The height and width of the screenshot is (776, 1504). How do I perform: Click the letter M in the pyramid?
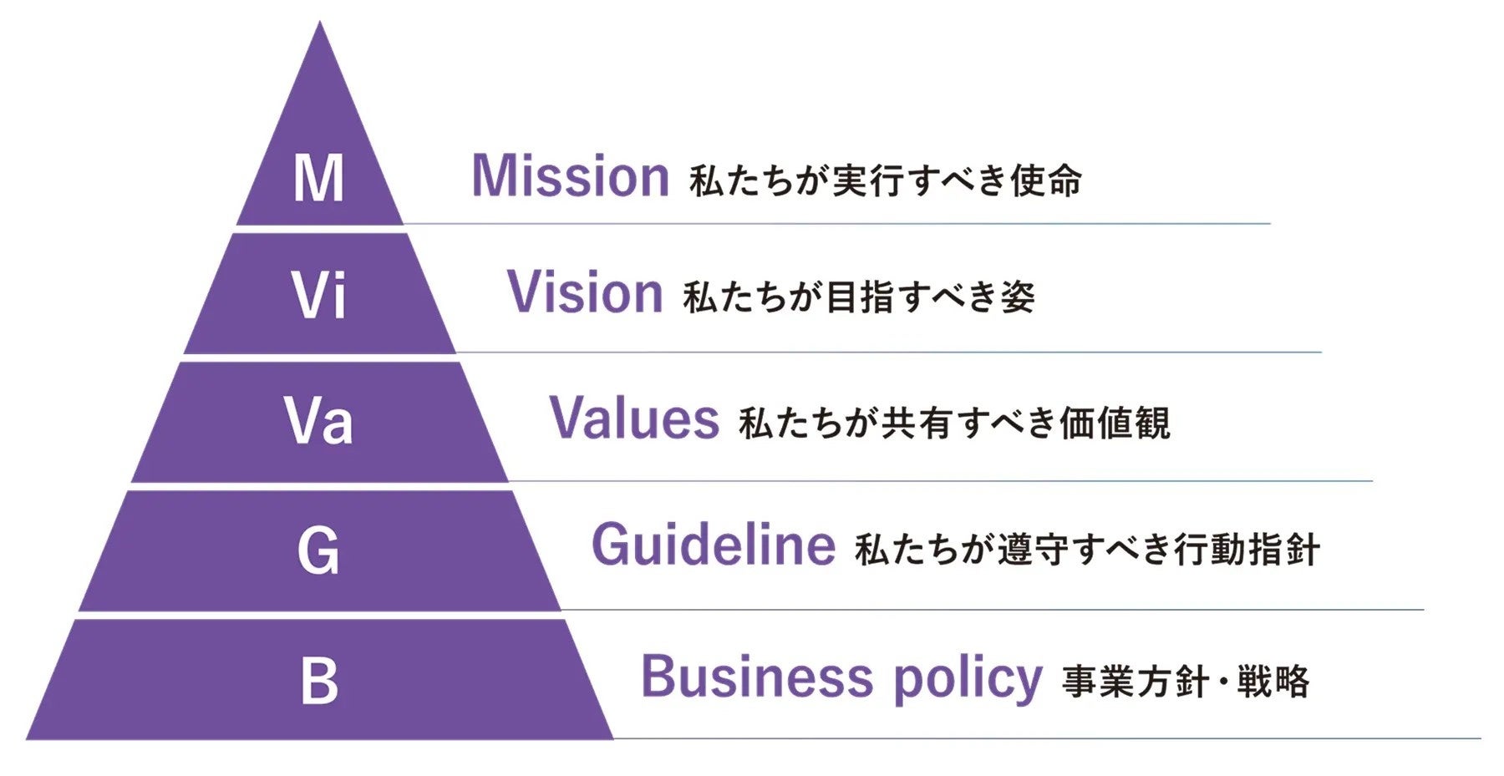coord(318,178)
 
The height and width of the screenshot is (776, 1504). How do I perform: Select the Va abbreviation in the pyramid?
coord(318,420)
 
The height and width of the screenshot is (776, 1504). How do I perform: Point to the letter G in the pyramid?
coord(318,550)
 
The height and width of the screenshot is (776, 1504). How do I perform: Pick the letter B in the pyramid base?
coord(318,681)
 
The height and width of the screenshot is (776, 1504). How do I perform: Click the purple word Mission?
coord(571,177)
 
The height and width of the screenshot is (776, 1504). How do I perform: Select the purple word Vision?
coord(585,293)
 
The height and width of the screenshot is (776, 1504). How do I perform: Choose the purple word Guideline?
coord(713,545)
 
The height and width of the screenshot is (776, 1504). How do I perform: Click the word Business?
coord(757,677)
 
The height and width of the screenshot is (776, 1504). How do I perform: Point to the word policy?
coord(968,679)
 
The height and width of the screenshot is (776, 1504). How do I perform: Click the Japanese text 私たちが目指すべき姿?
coord(859,297)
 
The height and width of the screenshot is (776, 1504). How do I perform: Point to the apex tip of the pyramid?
coord(319,25)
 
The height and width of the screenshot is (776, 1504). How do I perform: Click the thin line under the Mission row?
coord(836,224)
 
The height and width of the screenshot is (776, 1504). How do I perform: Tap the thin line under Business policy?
coord(1044,738)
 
